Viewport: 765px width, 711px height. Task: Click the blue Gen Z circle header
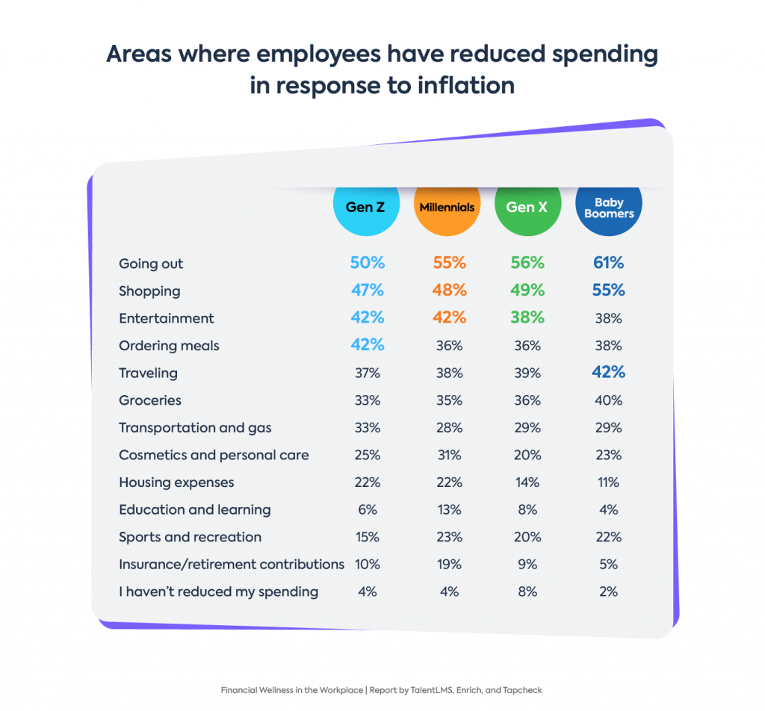365,207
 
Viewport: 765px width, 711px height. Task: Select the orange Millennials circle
446,207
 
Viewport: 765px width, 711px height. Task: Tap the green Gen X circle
527,207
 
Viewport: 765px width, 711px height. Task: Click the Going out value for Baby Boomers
608,263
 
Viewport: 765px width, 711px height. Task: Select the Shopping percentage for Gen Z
367,291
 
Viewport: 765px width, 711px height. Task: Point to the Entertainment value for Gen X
527,317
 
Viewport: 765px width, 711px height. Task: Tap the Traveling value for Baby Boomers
608,373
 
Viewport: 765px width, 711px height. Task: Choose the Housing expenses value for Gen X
527,482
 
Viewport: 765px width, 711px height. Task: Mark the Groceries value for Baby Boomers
608,400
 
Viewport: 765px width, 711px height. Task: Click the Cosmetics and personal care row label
214,455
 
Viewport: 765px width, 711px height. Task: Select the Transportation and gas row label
195,428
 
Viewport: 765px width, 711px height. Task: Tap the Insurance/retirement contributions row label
232,564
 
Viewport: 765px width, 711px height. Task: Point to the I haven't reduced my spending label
218,592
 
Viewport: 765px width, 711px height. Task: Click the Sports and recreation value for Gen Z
367,537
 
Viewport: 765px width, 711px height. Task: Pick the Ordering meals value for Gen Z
367,345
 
